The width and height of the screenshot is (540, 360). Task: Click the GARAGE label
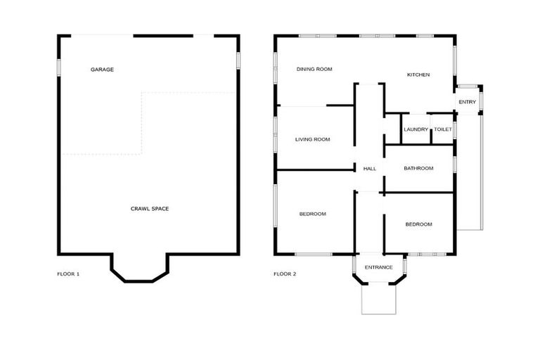tap(102, 70)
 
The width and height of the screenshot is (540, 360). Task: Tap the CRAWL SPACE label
tap(150, 208)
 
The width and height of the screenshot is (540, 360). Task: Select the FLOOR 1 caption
tap(68, 274)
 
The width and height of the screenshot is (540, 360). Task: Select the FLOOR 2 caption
tap(285, 274)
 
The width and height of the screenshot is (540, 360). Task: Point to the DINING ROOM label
tap(314, 69)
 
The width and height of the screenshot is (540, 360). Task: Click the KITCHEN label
tap(418, 75)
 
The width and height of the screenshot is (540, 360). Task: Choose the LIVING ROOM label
tap(312, 139)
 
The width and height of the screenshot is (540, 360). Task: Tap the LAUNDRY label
tap(416, 129)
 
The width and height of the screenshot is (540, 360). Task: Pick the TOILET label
tap(443, 129)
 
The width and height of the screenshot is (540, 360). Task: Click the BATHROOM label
tap(418, 168)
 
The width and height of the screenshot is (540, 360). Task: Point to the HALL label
tap(370, 169)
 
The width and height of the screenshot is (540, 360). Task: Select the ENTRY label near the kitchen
tap(467, 102)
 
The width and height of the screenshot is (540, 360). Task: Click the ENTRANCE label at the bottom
tap(379, 267)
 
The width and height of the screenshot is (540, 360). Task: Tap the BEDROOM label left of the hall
tap(312, 214)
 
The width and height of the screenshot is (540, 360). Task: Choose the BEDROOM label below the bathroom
tap(418, 224)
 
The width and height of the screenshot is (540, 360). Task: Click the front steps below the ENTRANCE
tap(379, 298)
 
